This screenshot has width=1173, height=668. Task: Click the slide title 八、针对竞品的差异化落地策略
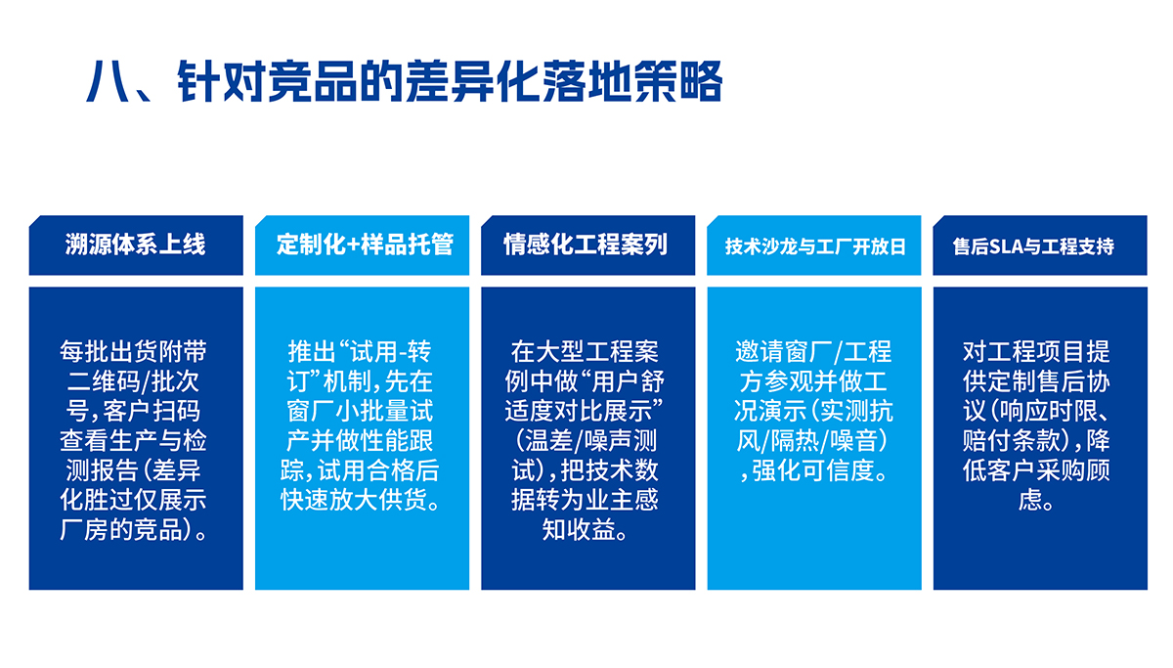point(404,82)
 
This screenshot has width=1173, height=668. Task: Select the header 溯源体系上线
point(136,245)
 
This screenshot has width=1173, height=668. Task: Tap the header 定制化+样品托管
point(363,245)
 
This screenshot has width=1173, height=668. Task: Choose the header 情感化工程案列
point(587,245)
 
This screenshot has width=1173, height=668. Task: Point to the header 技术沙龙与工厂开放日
point(814,246)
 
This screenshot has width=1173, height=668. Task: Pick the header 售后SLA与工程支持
point(1040,246)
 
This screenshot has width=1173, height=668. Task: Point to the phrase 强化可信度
point(819,470)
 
